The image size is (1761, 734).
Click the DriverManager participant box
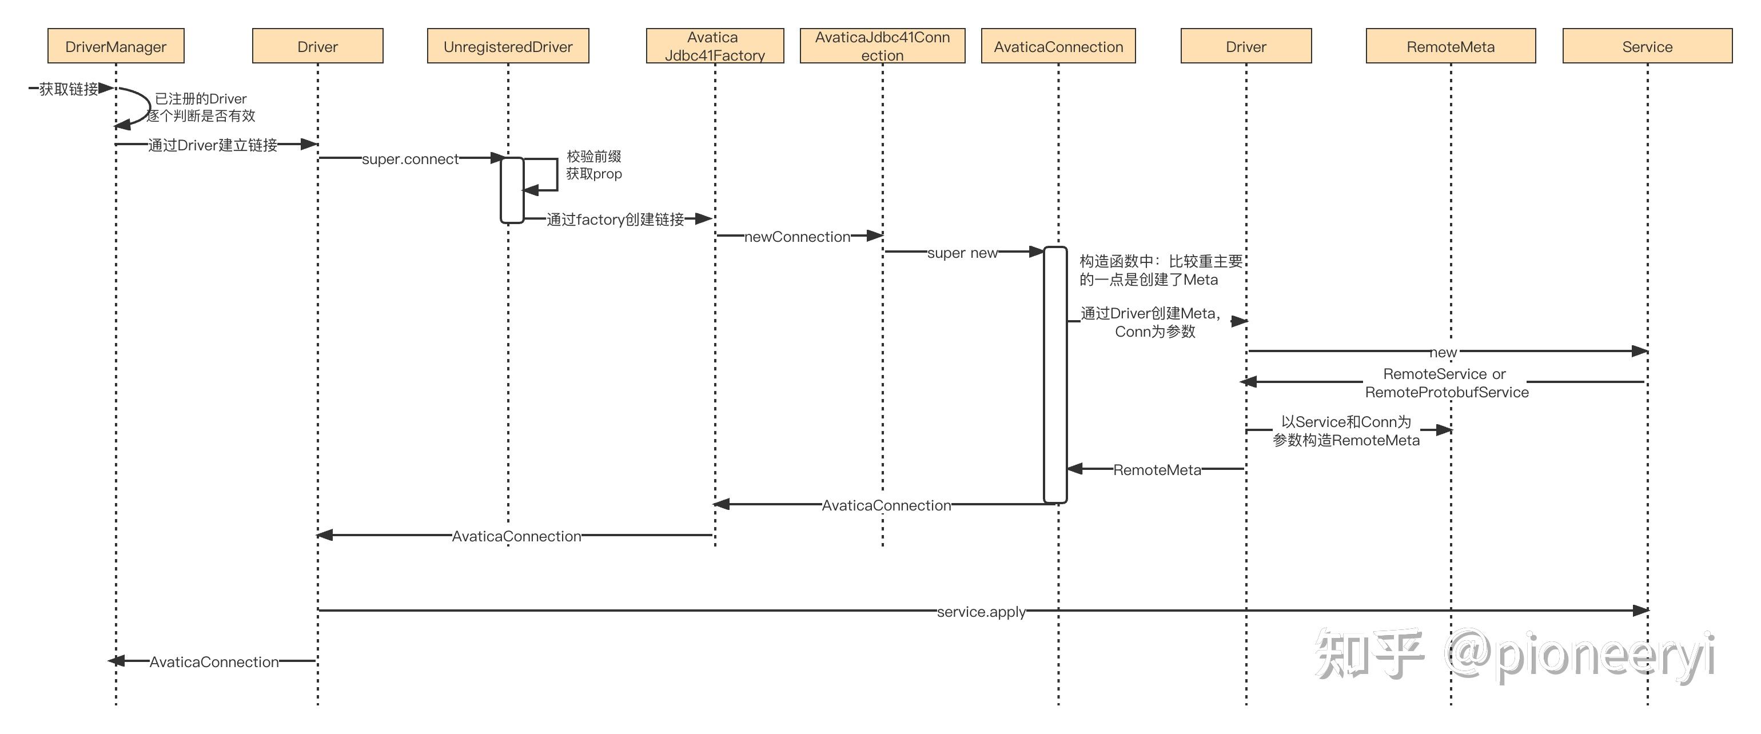[115, 46]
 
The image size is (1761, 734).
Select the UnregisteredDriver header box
[508, 46]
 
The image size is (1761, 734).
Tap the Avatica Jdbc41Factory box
[714, 46]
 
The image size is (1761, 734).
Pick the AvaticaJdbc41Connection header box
[882, 46]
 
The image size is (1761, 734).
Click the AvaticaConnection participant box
[1058, 46]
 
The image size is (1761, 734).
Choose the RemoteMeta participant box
[1450, 46]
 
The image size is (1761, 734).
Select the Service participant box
[1647, 46]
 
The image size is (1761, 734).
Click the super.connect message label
[410, 159]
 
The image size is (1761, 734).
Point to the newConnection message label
[797, 237]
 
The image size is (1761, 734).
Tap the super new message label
[962, 253]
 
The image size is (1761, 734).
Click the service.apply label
[981, 612]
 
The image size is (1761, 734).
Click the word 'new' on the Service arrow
[1443, 353]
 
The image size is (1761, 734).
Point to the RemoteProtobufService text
[1447, 392]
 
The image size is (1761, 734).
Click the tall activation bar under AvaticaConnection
[1055, 376]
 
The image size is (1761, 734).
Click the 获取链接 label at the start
[69, 89]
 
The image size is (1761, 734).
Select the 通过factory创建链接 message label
[615, 220]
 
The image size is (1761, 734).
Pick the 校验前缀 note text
[593, 157]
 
